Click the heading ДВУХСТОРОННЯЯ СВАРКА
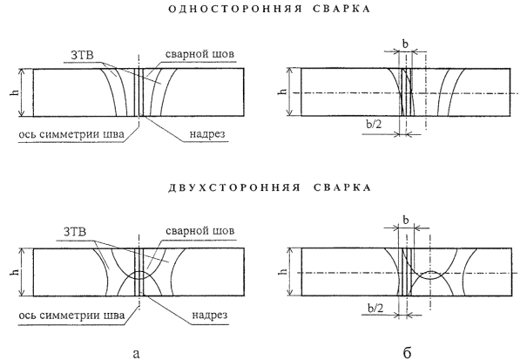pos(263,187)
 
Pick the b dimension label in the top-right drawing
pos(406,42)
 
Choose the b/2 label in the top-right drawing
pos(373,125)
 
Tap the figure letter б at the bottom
pos(405,350)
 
